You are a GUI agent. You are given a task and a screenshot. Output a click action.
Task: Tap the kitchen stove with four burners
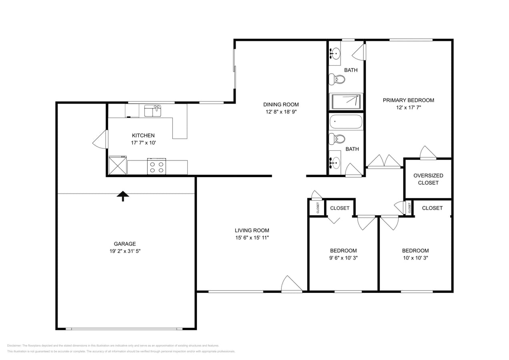point(156,166)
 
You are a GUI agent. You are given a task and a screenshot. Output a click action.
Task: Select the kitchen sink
point(152,111)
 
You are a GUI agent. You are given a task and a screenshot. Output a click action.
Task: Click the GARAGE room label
point(125,244)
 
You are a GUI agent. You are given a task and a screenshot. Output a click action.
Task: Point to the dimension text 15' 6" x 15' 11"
point(252,238)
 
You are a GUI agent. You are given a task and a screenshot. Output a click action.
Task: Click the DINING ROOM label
point(281,104)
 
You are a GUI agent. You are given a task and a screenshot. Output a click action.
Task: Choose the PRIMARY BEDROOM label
point(408,100)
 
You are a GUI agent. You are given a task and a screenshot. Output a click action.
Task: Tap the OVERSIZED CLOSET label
point(428,179)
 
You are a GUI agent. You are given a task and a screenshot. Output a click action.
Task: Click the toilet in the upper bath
point(337,79)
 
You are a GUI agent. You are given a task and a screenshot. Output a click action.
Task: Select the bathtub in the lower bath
point(346,122)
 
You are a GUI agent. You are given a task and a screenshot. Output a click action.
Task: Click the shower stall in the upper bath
point(346,102)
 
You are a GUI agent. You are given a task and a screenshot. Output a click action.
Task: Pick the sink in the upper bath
point(335,52)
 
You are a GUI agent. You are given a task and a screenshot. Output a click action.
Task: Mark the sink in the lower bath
point(335,162)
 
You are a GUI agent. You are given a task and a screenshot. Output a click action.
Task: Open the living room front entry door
point(292,285)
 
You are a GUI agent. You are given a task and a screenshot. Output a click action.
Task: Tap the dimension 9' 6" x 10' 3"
point(343,258)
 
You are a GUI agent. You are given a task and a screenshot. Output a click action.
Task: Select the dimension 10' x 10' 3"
point(415,258)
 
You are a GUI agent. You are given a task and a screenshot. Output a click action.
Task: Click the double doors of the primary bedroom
point(384,161)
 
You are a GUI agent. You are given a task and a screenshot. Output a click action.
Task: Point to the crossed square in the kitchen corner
point(118,166)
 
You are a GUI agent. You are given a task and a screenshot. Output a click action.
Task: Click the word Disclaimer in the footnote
point(14,346)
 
